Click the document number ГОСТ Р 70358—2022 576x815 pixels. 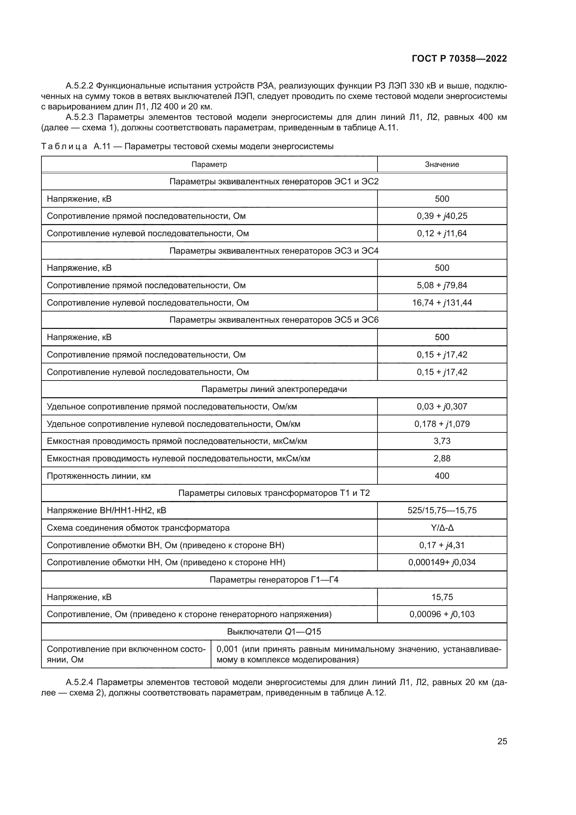click(x=459, y=59)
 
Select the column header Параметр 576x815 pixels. click(x=209, y=164)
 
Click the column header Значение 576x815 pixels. click(x=442, y=164)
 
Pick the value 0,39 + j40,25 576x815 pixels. click(x=442, y=216)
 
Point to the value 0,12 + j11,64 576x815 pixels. click(x=442, y=233)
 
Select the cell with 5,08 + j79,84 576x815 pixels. click(x=442, y=285)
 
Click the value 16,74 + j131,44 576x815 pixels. click(x=442, y=302)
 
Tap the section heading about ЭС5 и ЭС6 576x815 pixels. click(x=274, y=320)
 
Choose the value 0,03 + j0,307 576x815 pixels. click(x=442, y=406)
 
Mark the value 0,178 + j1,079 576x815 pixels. click(x=442, y=424)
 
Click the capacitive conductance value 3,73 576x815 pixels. click(x=442, y=441)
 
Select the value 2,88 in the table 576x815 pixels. click(x=442, y=458)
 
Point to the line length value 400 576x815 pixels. click(x=442, y=476)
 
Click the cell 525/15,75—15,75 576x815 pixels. click(x=442, y=510)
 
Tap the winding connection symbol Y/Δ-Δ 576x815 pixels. click(x=442, y=528)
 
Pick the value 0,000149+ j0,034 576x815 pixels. click(x=442, y=562)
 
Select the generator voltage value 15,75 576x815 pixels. click(x=442, y=597)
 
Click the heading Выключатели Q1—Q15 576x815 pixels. click(x=274, y=631)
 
